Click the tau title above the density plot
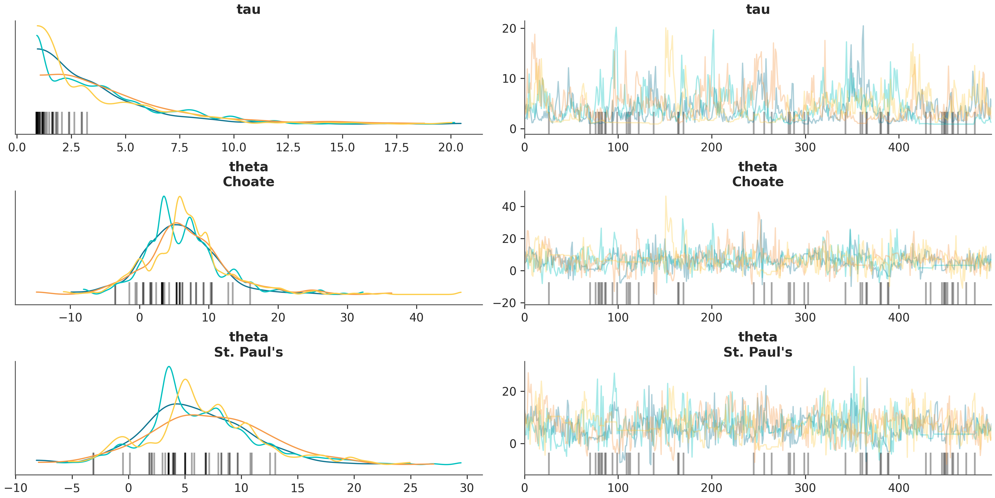(248, 9)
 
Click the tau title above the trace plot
(758, 9)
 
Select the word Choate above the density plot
(248, 182)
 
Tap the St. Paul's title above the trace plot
(758, 352)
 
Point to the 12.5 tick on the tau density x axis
(288, 147)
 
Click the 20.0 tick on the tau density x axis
(451, 147)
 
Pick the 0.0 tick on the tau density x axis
(17, 147)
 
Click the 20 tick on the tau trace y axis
(509, 28)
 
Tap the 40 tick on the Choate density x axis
(416, 317)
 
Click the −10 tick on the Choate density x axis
(70, 317)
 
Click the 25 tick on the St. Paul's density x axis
(410, 488)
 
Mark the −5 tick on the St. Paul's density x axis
(72, 488)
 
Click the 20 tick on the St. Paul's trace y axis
(509, 392)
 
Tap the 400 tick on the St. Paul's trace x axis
(899, 488)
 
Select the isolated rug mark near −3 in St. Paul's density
(93, 463)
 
